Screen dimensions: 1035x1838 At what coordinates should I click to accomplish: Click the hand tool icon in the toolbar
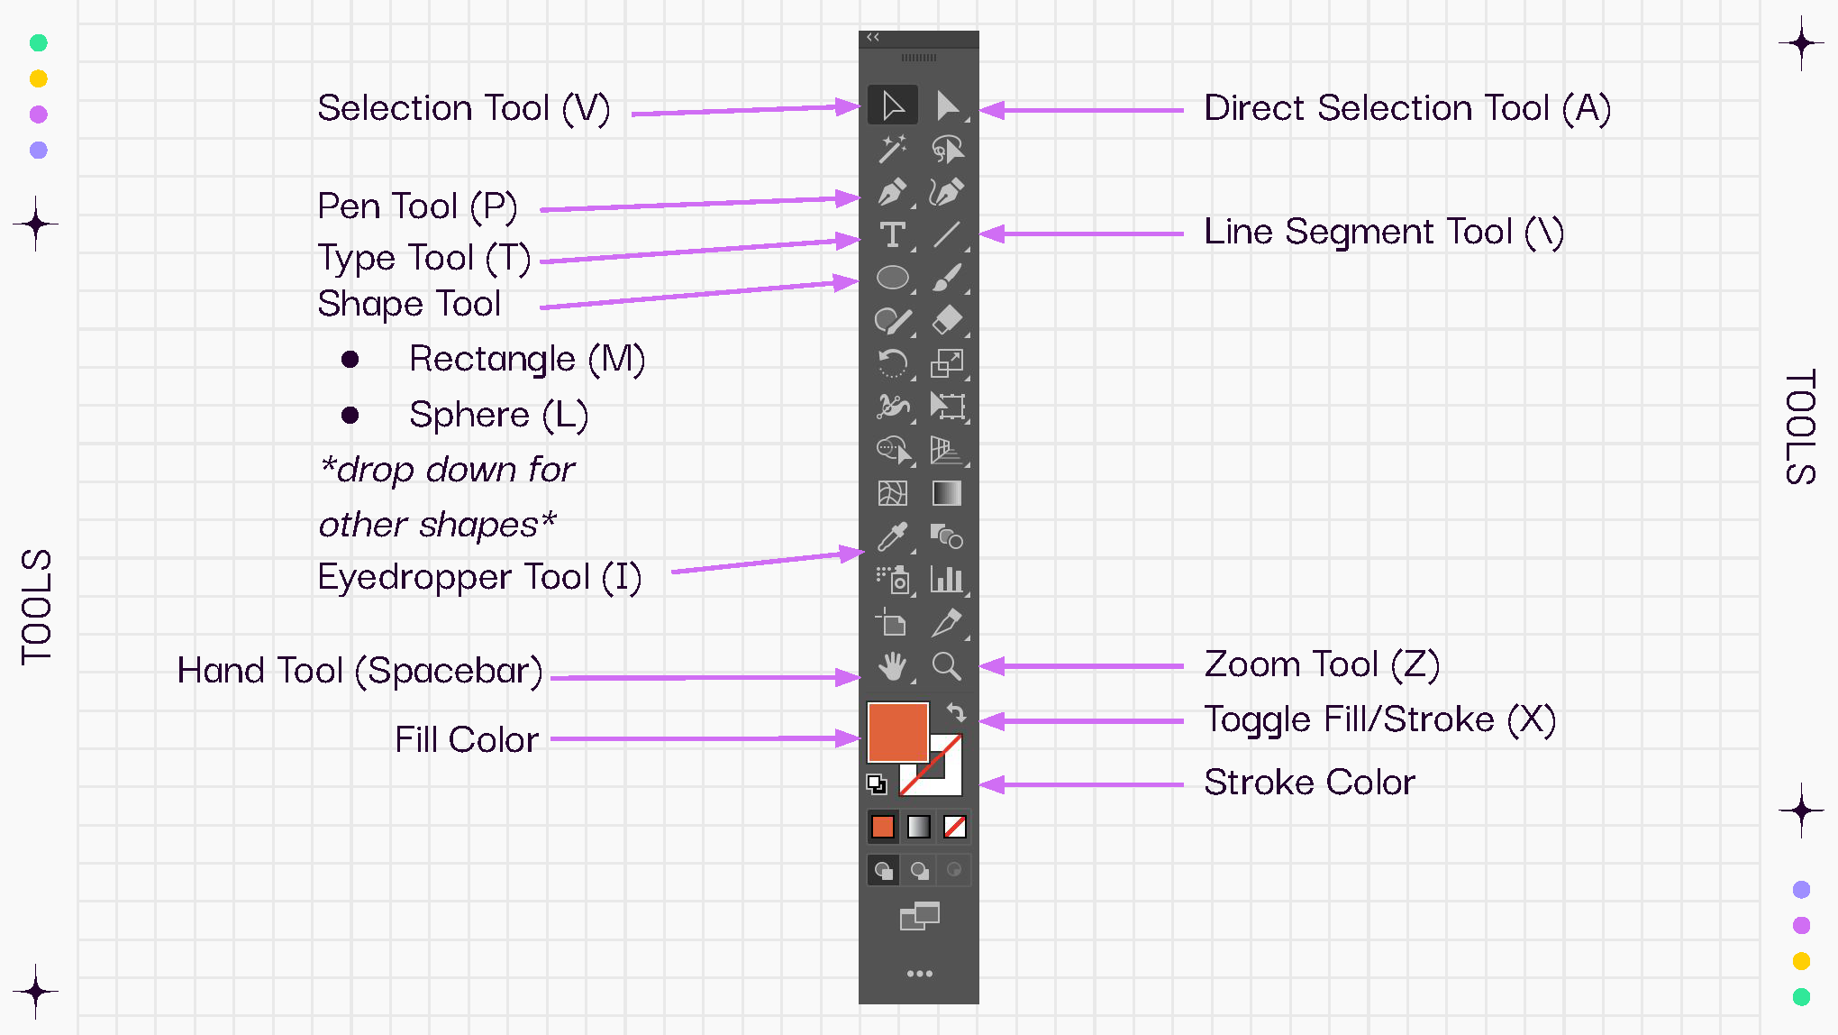(x=892, y=666)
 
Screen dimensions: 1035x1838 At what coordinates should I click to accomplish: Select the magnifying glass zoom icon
(x=946, y=666)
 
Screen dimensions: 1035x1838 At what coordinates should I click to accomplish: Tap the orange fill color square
(x=897, y=731)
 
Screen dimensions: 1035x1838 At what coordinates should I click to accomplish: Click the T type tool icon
(x=892, y=234)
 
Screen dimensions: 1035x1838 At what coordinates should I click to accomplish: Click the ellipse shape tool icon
(x=892, y=278)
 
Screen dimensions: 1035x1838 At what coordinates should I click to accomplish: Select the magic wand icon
(x=892, y=149)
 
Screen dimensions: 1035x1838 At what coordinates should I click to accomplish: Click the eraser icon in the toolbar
(x=946, y=320)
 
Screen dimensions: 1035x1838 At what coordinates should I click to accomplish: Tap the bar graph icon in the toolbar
(x=946, y=579)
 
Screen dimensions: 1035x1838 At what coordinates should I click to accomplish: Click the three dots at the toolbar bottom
(x=919, y=974)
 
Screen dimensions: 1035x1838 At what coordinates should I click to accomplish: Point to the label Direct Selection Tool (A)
(x=1406, y=108)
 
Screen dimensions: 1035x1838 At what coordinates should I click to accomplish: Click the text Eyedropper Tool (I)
(x=479, y=577)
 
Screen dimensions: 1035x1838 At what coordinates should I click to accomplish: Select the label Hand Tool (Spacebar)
(x=359, y=671)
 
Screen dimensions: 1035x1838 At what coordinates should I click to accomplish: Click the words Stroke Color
(x=1309, y=783)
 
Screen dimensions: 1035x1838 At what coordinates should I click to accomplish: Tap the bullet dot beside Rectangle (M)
(x=350, y=360)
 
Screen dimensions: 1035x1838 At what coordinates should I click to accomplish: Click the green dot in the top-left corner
(x=39, y=43)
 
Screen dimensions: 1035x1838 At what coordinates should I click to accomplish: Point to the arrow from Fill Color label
(x=703, y=738)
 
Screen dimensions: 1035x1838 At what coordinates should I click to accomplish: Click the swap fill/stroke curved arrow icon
(x=957, y=713)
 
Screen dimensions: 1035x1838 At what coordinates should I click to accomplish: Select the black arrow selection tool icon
(x=893, y=105)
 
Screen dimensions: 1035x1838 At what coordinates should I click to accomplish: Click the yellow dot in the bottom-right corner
(x=1801, y=961)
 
